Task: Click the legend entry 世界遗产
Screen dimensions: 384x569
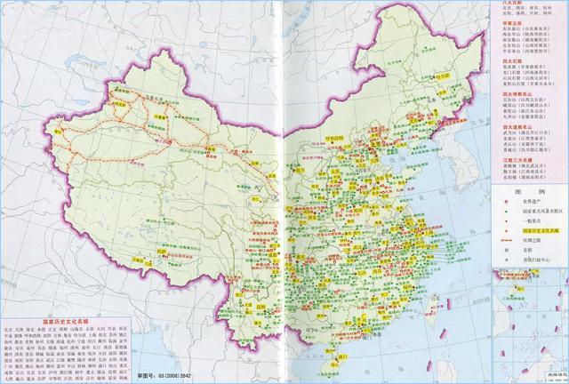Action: tap(525, 203)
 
